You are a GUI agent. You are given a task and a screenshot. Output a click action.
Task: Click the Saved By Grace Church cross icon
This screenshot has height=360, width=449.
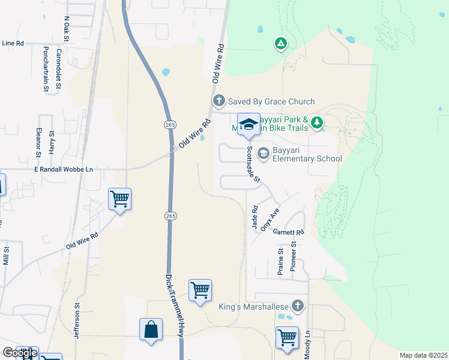point(219,101)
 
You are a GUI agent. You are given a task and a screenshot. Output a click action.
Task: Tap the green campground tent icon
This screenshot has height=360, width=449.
point(280,43)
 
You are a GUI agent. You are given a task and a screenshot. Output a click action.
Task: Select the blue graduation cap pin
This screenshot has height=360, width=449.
point(249,125)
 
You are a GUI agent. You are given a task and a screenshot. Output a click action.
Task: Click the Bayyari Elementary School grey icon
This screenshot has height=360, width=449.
point(263,154)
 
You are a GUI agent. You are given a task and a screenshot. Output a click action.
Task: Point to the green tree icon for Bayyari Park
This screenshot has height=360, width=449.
point(317,123)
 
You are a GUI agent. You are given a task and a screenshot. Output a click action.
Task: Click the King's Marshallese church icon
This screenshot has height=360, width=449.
point(298,306)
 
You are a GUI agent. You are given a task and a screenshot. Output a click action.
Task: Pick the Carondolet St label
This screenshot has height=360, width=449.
point(59,69)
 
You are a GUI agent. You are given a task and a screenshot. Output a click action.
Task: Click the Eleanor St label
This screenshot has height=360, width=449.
point(38,143)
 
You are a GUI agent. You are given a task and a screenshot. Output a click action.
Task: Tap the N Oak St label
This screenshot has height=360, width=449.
point(67,29)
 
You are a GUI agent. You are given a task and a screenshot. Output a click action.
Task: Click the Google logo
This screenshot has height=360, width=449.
point(20,353)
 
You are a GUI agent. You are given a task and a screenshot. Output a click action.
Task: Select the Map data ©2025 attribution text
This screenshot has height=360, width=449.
point(423,355)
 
